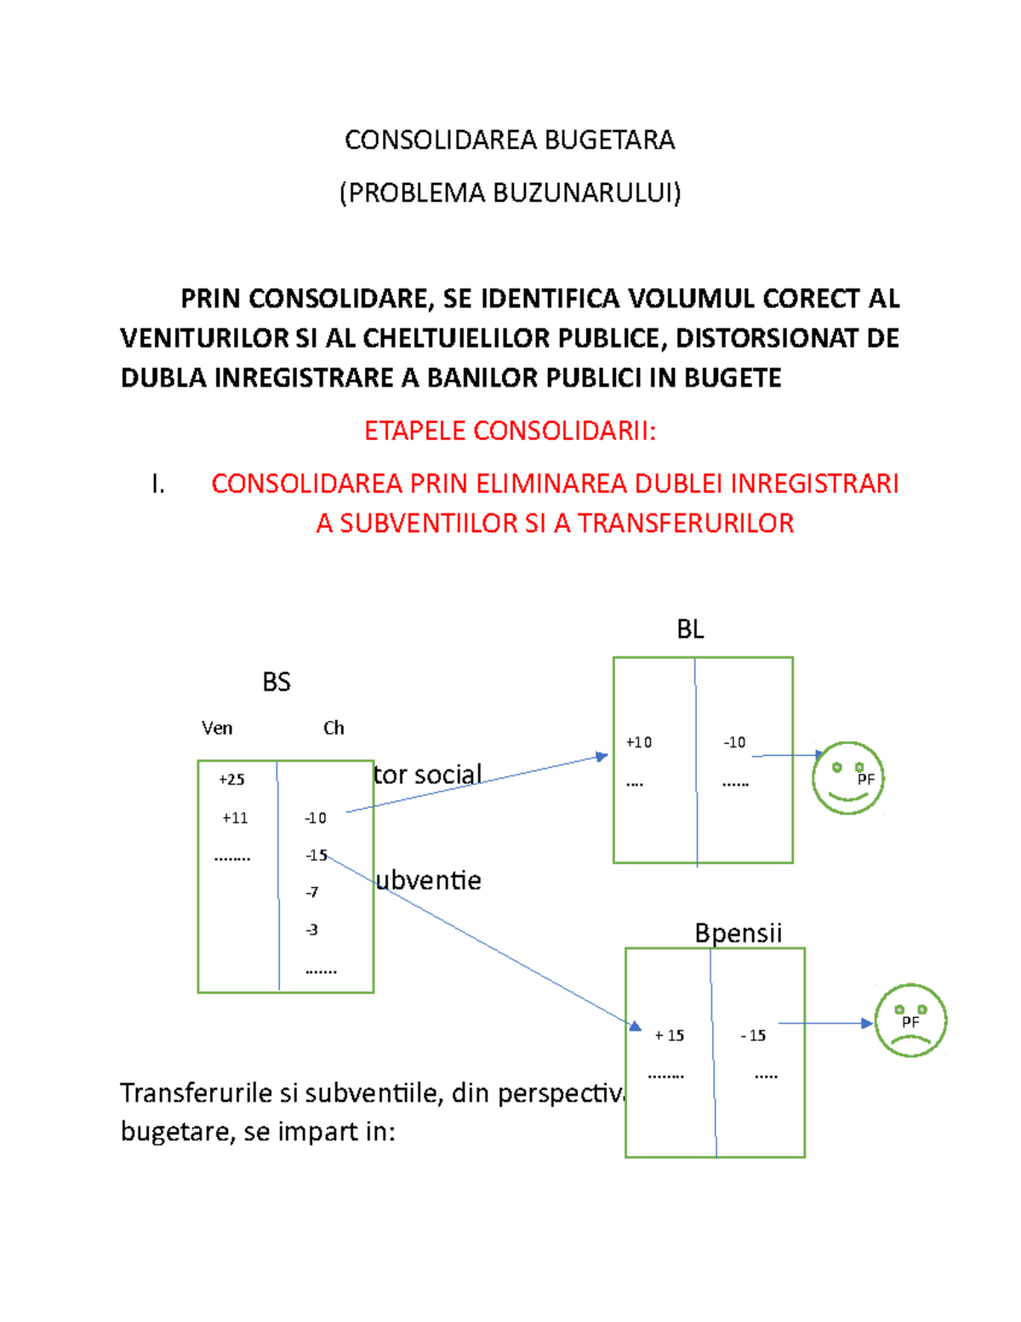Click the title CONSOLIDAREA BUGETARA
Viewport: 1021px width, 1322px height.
pyautogui.click(x=510, y=140)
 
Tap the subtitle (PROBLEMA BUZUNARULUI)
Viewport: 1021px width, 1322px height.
pyautogui.click(x=510, y=193)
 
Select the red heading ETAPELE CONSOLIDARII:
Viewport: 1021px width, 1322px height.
pyautogui.click(x=510, y=431)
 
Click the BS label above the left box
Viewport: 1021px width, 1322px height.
pyautogui.click(x=277, y=682)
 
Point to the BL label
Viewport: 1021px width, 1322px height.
pyautogui.click(x=690, y=629)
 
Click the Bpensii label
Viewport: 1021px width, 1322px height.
pyautogui.click(x=738, y=933)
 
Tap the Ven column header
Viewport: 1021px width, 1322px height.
pyautogui.click(x=217, y=728)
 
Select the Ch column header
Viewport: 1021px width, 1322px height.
pyautogui.click(x=334, y=728)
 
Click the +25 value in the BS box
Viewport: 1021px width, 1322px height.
pyautogui.click(x=231, y=779)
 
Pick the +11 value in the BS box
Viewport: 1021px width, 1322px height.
pyautogui.click(x=235, y=818)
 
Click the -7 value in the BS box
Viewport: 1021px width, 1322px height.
pyautogui.click(x=312, y=892)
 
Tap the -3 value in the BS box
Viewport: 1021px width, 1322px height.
pyautogui.click(x=312, y=930)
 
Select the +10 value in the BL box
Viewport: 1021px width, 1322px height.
pyautogui.click(x=639, y=742)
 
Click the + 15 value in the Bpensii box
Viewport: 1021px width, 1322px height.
pyautogui.click(x=670, y=1035)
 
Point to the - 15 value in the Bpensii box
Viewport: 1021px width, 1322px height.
pyautogui.click(x=753, y=1035)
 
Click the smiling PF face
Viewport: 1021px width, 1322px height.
pyautogui.click(x=847, y=778)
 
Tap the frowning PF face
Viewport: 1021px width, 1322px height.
pyautogui.click(x=910, y=1021)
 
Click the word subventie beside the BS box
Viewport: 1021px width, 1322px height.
pyautogui.click(x=429, y=880)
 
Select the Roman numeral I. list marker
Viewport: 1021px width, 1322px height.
pyautogui.click(x=158, y=484)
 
